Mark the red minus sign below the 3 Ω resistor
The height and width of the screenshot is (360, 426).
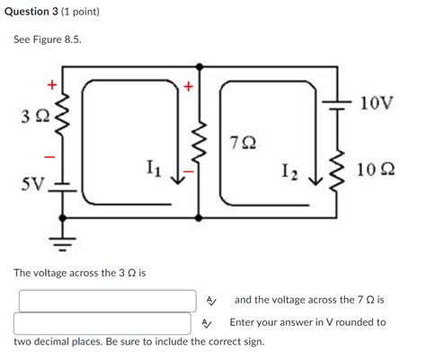[50, 157]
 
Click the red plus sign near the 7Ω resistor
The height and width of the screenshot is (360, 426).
[189, 87]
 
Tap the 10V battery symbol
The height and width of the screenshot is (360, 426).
[339, 103]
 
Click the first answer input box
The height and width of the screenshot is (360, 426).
[105, 301]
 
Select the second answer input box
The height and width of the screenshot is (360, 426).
[105, 323]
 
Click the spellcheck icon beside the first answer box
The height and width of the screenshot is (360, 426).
[210, 301]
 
